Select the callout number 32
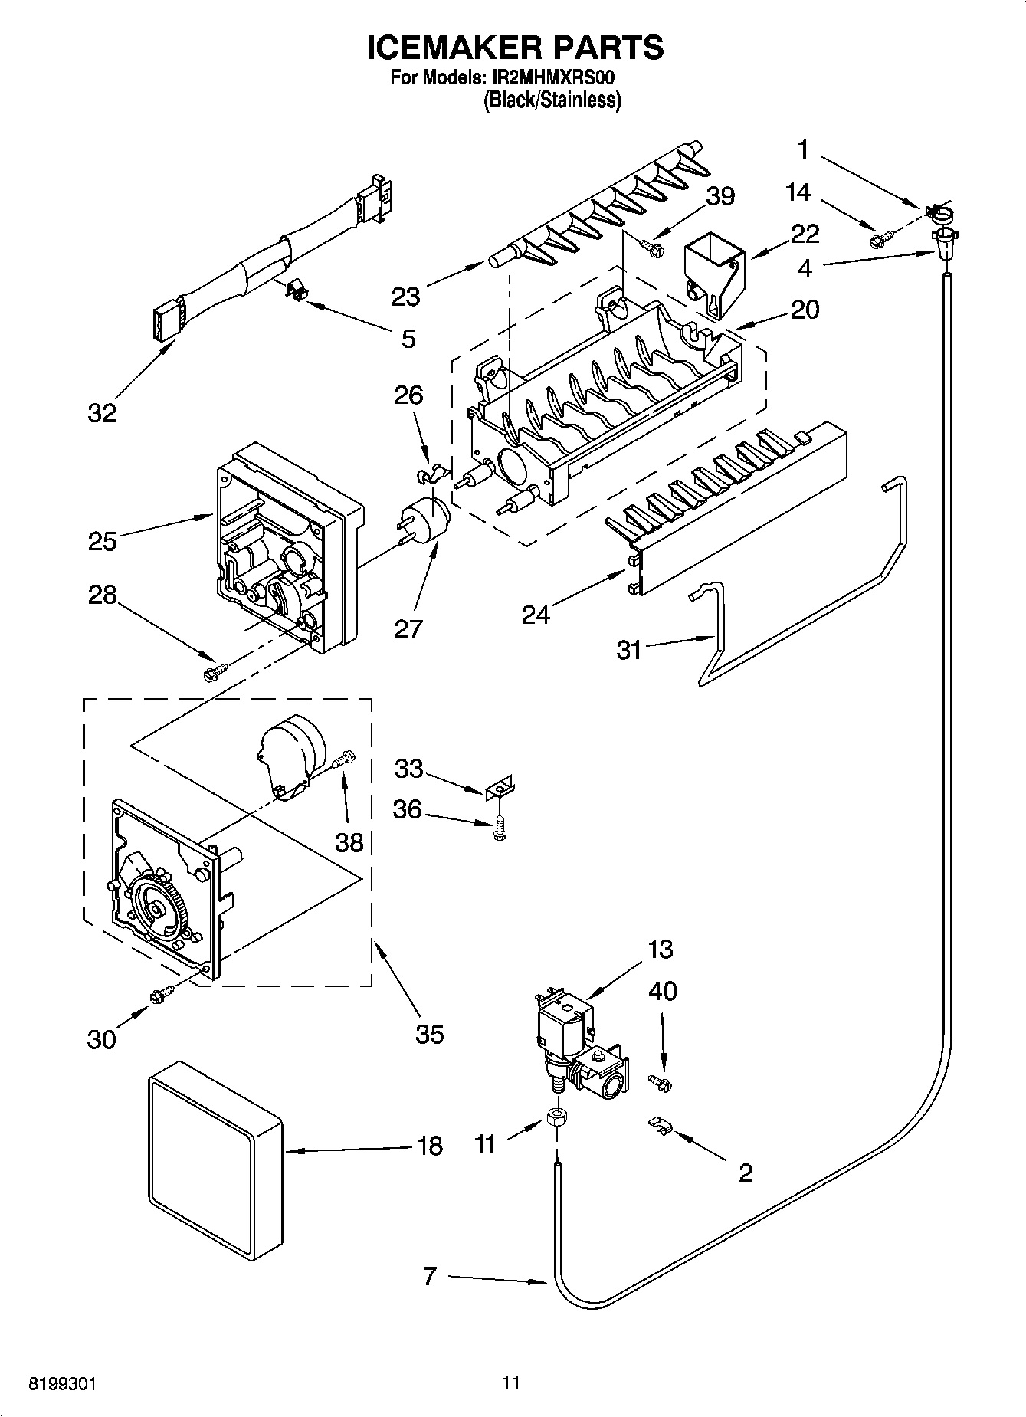point(101,413)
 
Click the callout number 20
point(805,310)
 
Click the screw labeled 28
point(212,674)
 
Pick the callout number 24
point(536,614)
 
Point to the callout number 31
point(629,650)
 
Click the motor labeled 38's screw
point(345,758)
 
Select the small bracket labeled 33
point(500,787)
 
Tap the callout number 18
point(431,1146)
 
